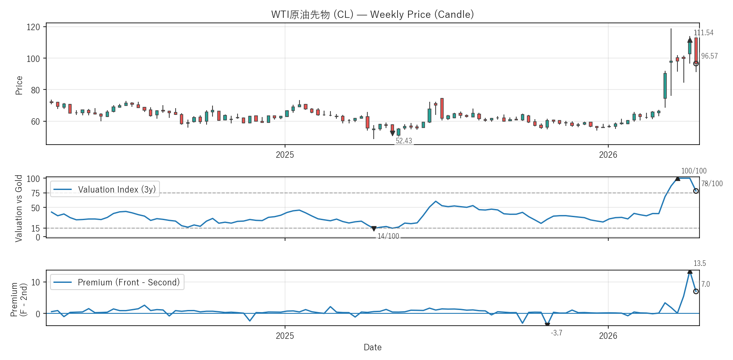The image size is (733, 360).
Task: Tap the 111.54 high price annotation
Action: pos(703,33)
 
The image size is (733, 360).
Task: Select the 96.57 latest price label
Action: pos(709,56)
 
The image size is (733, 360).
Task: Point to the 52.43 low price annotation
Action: pos(404,141)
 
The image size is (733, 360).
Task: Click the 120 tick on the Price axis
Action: pos(33,27)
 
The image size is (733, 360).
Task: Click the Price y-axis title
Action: pos(19,85)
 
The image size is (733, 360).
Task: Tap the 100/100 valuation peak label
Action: pos(694,171)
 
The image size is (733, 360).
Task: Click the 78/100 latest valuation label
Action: pos(712,184)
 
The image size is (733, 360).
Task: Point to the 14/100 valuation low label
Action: pos(388,236)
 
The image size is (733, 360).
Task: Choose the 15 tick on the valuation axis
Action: pos(36,228)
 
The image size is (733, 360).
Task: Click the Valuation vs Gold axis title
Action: pos(19,208)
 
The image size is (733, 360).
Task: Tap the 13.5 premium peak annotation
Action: pos(699,263)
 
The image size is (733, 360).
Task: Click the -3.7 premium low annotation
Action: pos(557,333)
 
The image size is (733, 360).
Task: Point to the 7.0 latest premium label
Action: pos(705,284)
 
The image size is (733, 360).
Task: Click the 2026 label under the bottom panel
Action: pos(608,336)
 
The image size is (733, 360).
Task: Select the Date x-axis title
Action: pos(372,347)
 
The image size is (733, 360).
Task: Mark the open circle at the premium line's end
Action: pos(696,291)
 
